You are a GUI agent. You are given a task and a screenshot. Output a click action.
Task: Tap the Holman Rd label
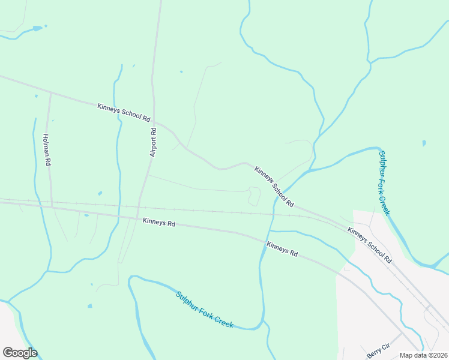click(47, 149)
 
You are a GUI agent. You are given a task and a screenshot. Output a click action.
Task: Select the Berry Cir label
click(378, 349)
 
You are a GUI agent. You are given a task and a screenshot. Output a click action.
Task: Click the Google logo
click(20, 353)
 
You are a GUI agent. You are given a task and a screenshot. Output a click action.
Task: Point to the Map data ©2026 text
click(424, 355)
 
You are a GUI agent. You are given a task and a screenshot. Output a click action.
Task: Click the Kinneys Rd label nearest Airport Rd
click(159, 223)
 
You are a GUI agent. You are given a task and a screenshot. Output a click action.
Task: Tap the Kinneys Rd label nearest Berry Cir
click(282, 249)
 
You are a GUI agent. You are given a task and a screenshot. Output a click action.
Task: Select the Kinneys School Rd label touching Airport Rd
click(123, 113)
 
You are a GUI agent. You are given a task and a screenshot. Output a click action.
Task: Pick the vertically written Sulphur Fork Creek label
click(384, 183)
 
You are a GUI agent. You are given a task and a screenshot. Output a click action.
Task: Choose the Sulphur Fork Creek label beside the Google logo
click(204, 310)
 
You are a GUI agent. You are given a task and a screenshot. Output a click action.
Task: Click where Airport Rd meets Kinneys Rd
click(138, 218)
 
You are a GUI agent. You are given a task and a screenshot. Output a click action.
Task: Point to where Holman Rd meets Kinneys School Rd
click(50, 94)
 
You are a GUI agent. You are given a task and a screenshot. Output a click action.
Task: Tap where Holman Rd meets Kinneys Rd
click(52, 206)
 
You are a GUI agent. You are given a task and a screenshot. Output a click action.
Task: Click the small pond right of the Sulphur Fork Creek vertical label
click(424, 143)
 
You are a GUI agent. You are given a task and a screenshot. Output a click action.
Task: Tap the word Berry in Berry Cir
click(373, 352)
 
